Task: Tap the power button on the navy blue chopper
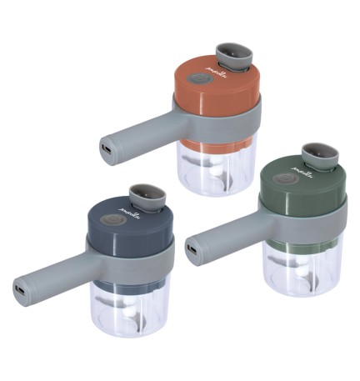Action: (112, 223)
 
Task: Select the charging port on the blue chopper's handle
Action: (17, 291)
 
